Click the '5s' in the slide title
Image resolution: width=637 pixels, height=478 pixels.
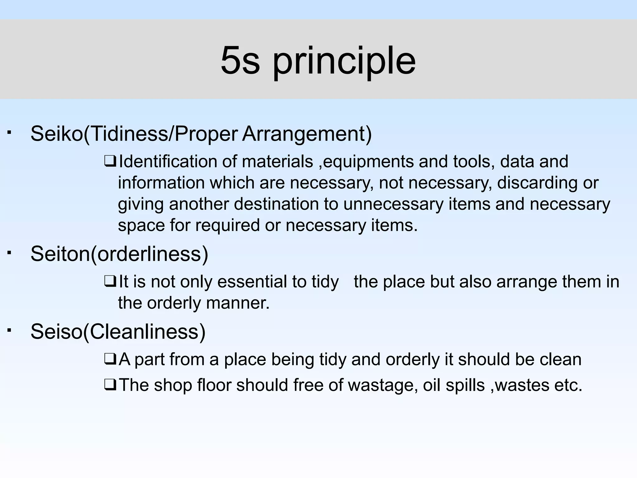click(240, 60)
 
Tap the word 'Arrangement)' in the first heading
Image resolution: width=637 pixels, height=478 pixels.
click(307, 134)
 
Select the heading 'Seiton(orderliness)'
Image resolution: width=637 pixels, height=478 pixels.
click(119, 254)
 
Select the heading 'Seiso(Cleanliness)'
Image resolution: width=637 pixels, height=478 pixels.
click(118, 331)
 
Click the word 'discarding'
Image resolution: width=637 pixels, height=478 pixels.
click(537, 183)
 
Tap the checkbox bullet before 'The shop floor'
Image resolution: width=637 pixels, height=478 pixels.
click(110, 385)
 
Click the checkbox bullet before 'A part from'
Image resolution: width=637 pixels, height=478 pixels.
click(110, 359)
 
